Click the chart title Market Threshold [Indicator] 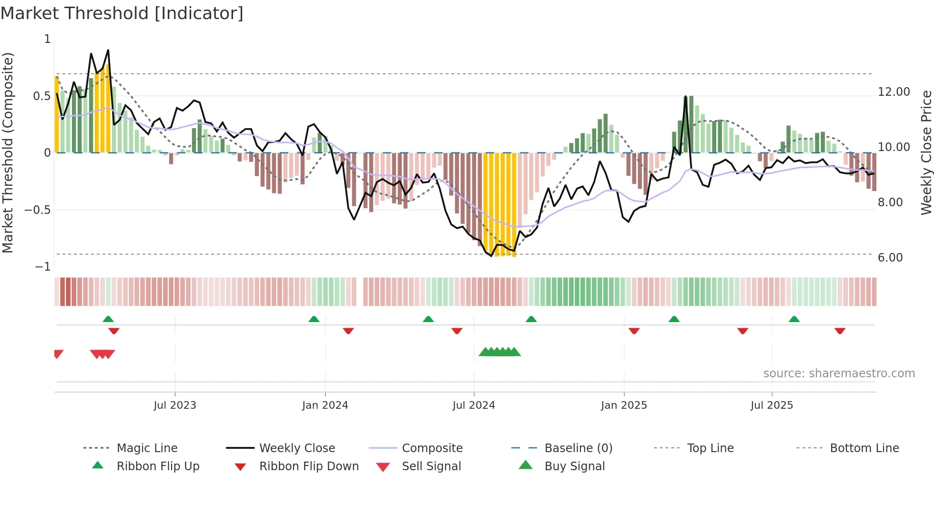coord(122,13)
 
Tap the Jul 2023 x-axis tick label coord(174,405)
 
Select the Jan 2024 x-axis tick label coord(325,405)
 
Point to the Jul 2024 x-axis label coord(474,405)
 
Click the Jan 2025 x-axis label coord(624,405)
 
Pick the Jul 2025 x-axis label coord(772,405)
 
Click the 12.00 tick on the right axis coord(893,92)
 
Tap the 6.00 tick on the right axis coord(890,258)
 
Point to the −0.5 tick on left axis coord(37,210)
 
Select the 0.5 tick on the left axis coord(41,96)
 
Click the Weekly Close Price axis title coord(926,152)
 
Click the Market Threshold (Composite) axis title coord(8,152)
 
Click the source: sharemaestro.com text coord(839,374)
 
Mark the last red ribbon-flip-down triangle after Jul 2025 coord(840,331)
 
